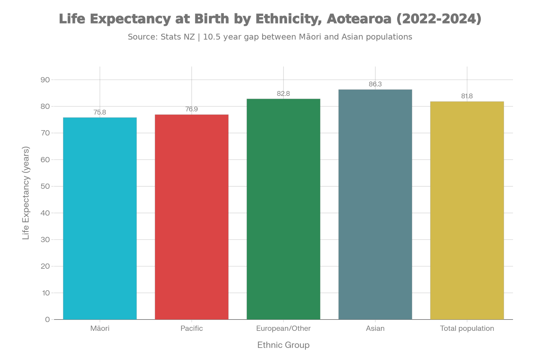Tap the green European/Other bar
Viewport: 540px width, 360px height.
(x=283, y=209)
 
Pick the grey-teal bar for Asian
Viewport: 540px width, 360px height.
(x=375, y=204)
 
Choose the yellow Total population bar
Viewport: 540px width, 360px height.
(x=467, y=210)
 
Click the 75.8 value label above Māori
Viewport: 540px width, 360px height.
(x=100, y=112)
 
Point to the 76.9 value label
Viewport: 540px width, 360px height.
(x=192, y=109)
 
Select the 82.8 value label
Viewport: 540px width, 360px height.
(x=283, y=94)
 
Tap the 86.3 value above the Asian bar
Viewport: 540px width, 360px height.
(x=375, y=84)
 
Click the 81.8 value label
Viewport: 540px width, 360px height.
(x=467, y=96)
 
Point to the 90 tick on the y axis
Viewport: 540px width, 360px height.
(x=45, y=80)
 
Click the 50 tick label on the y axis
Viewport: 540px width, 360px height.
(x=45, y=186)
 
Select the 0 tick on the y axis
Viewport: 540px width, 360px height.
(x=48, y=320)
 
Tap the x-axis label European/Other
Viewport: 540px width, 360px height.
(x=283, y=328)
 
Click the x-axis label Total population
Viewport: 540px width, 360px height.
(x=467, y=328)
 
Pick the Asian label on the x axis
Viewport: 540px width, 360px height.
(x=375, y=328)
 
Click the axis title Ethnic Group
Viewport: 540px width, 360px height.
(x=283, y=345)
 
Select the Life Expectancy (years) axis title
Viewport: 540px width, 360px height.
(x=26, y=193)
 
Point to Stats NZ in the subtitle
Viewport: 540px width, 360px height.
(x=177, y=37)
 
